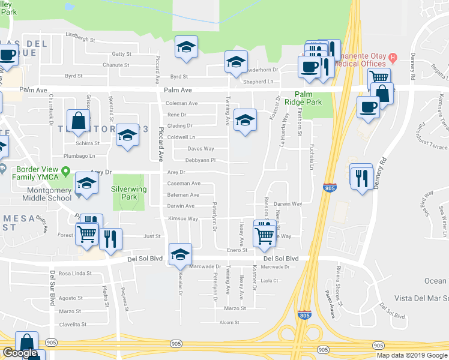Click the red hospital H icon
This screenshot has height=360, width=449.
click(x=393, y=58)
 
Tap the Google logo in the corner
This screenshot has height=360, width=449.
click(x=20, y=353)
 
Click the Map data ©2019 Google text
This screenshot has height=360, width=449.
click(x=411, y=355)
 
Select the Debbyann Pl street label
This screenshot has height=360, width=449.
click(x=200, y=160)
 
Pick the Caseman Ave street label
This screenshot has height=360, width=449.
click(x=183, y=183)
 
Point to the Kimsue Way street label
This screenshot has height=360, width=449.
click(x=183, y=219)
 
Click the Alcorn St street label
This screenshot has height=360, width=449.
click(x=229, y=322)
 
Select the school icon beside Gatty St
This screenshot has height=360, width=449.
click(x=187, y=47)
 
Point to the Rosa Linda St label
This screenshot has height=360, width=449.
click(x=73, y=274)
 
